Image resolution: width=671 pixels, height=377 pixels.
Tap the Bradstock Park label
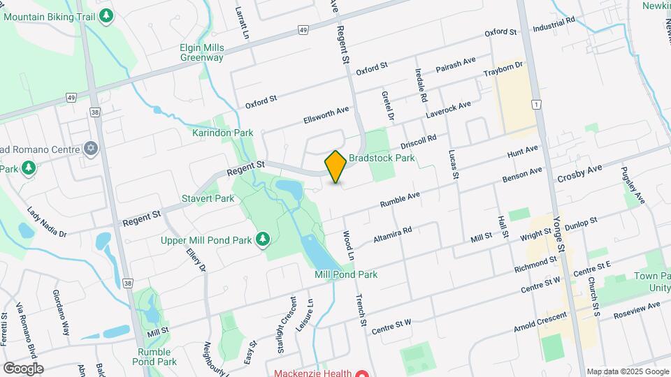point(382,158)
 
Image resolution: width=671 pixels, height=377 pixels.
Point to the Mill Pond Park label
point(346,274)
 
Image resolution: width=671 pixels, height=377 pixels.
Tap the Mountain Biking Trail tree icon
point(106,15)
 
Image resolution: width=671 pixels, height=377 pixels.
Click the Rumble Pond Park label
point(157,357)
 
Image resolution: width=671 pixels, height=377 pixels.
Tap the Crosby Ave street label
point(579,174)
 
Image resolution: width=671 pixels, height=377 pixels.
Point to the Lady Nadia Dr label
point(46,221)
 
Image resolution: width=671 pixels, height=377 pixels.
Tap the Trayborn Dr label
point(503,70)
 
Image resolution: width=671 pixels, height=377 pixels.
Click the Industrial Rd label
point(554,24)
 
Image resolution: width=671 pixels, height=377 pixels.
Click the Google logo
point(23,368)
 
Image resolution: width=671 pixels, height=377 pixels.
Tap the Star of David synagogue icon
point(90,149)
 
